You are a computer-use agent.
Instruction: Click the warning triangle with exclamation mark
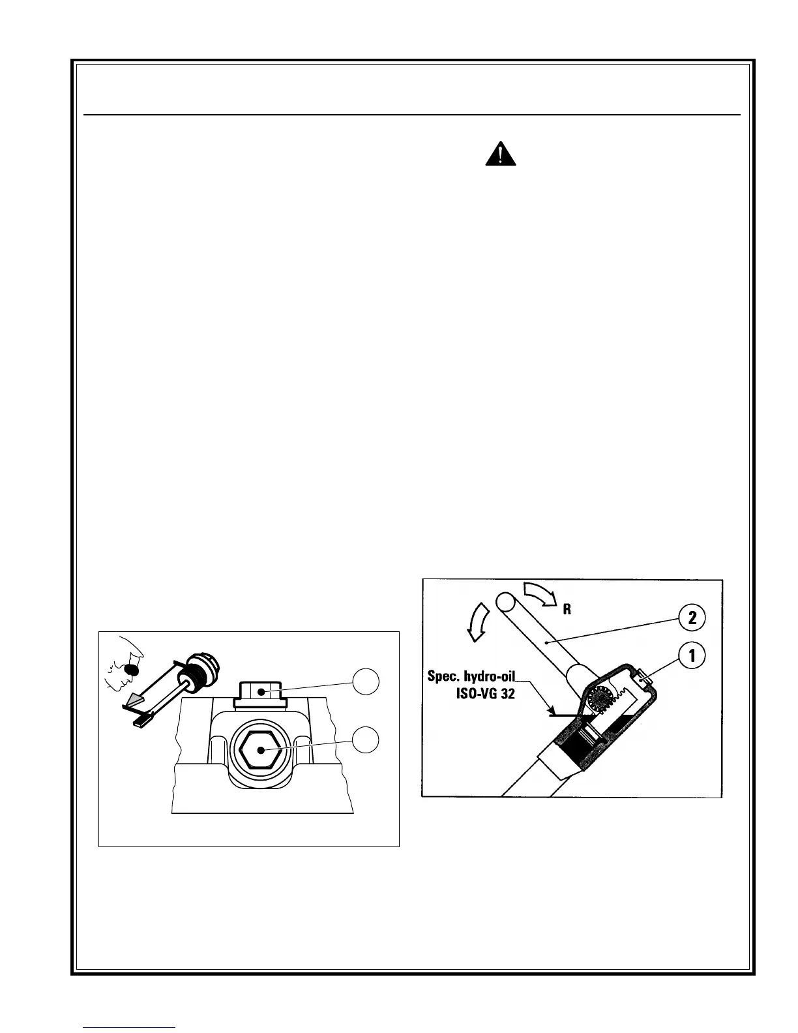pos(501,154)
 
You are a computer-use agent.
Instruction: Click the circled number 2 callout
pos(692,616)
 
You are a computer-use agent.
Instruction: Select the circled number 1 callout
pos(692,657)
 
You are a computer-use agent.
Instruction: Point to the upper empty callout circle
pos(366,682)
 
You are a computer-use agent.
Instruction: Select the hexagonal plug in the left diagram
pos(260,749)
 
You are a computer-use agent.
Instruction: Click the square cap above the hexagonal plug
pos(260,691)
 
